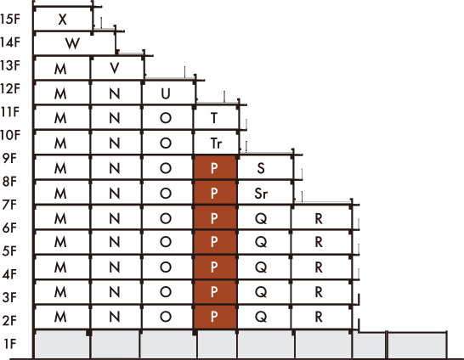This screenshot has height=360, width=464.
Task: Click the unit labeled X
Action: coord(63,19)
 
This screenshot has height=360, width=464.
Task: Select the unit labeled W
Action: coord(74,43)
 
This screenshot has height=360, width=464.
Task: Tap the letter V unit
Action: coord(117,68)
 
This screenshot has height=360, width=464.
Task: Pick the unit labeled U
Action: coord(168,93)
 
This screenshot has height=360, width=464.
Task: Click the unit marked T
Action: coord(216,117)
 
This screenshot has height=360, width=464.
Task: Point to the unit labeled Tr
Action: coord(216,143)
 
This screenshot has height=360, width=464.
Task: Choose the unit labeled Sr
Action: coord(265,193)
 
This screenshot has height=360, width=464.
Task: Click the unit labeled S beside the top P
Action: coord(265,167)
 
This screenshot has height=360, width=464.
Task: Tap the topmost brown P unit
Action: coord(216,167)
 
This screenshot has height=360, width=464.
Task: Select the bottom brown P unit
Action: coord(216,317)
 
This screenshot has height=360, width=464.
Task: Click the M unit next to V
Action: coord(62,68)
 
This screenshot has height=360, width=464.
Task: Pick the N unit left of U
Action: coord(116,93)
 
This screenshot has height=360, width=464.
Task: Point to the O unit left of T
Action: coord(167,117)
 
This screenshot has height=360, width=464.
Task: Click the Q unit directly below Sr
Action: coord(264,217)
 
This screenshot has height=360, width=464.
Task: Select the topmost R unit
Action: coord(322,217)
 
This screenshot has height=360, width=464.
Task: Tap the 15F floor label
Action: coord(10,19)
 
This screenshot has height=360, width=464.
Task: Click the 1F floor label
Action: coord(10,344)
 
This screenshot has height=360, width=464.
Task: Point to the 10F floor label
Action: coord(10,135)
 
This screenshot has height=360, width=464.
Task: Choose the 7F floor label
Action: coord(9,205)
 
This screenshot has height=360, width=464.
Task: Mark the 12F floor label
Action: coord(10,88)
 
